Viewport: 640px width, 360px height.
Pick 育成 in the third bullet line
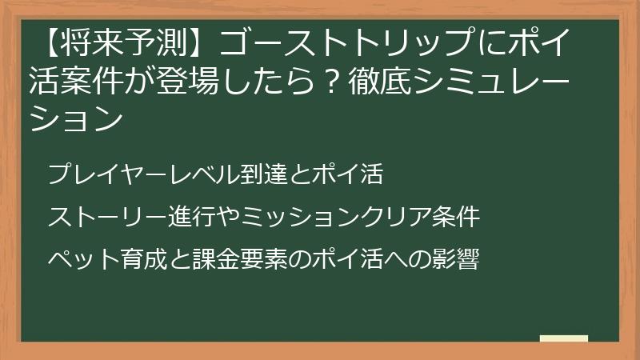pyautogui.click(x=133, y=259)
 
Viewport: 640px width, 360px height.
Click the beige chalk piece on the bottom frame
pyautogui.click(x=564, y=339)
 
